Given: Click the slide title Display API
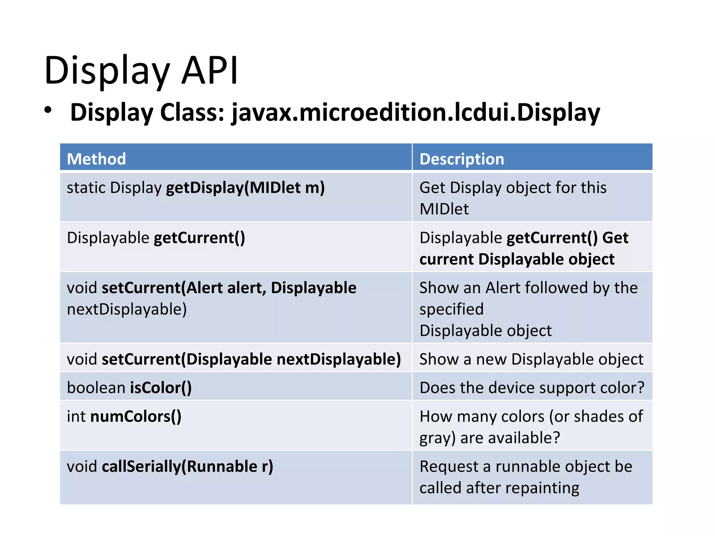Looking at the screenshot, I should (141, 71).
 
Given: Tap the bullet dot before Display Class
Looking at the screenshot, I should (48, 110).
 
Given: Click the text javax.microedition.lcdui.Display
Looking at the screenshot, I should (415, 112).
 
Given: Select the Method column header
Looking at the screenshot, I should (96, 159).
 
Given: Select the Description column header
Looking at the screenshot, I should (462, 159).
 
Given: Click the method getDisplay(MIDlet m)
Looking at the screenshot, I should (245, 188).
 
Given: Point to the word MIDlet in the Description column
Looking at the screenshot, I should (444, 209).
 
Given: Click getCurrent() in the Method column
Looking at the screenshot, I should (199, 238).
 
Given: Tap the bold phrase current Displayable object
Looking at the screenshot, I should (517, 259).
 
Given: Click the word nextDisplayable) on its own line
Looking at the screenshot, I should (127, 309).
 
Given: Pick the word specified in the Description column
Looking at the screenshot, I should (451, 309).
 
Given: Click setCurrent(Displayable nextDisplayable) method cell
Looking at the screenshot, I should (251, 359).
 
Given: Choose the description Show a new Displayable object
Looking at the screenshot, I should (531, 359).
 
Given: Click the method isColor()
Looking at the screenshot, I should (161, 388).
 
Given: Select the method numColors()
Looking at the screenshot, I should (136, 417).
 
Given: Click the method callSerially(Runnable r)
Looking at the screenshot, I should (187, 467).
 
